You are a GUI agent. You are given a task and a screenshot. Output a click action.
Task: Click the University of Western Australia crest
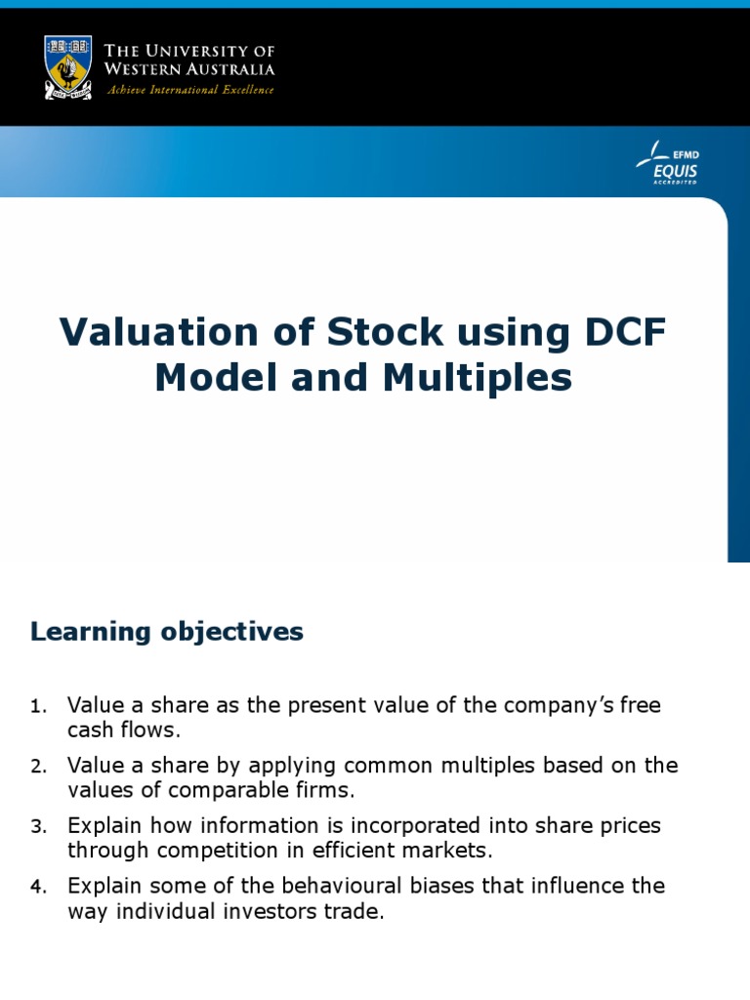coord(67,66)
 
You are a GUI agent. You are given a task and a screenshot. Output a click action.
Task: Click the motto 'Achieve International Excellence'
coord(189,90)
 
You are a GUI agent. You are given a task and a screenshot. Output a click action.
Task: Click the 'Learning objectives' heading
coord(167,632)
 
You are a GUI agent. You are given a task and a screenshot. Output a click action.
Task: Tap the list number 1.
coord(37,706)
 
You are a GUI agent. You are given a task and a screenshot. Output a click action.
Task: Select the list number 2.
coord(37,767)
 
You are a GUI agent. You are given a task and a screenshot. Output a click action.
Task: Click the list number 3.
coord(37,827)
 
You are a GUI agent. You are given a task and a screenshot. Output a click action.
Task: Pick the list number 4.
coord(37,888)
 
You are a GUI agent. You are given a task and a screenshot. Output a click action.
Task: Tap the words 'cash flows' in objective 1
coord(124,729)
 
